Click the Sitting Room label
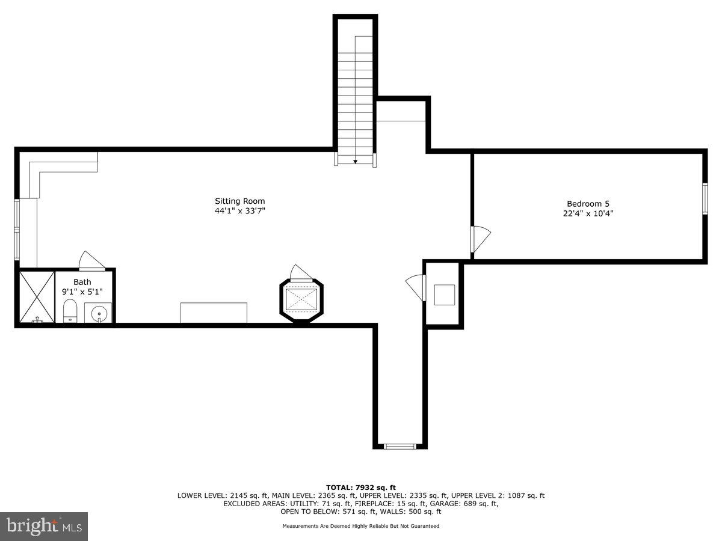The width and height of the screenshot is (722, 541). point(239,201)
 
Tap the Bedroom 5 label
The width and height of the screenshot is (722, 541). point(592,204)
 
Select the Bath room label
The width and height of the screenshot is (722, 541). point(82,282)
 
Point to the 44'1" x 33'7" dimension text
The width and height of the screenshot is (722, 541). point(239,211)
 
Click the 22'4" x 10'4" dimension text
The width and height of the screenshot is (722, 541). point(592,213)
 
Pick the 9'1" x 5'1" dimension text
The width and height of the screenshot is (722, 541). point(82,292)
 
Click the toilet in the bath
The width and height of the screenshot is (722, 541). point(70,311)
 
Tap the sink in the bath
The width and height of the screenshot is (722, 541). point(97,313)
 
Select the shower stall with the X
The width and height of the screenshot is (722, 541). point(37,298)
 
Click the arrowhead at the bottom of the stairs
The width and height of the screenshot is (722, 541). point(356,161)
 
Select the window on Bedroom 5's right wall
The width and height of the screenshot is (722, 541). point(705,198)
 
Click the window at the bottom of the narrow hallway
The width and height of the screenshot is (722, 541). point(400,446)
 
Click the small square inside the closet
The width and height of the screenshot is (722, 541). point(445,295)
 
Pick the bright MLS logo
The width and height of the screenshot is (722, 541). point(44,527)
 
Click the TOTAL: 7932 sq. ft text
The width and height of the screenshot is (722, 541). point(360,488)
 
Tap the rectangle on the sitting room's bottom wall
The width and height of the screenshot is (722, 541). point(214,313)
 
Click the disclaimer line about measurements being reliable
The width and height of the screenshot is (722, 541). point(360,526)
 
